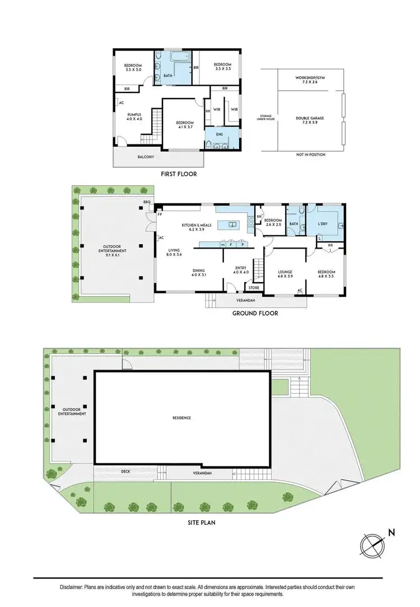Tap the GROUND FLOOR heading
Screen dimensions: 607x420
click(x=255, y=314)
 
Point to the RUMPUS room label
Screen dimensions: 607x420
click(x=134, y=116)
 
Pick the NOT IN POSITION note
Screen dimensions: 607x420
click(x=310, y=155)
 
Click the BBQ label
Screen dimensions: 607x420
click(x=147, y=202)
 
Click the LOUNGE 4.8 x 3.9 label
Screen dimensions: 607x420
click(x=286, y=274)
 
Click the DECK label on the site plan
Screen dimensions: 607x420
click(x=125, y=471)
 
